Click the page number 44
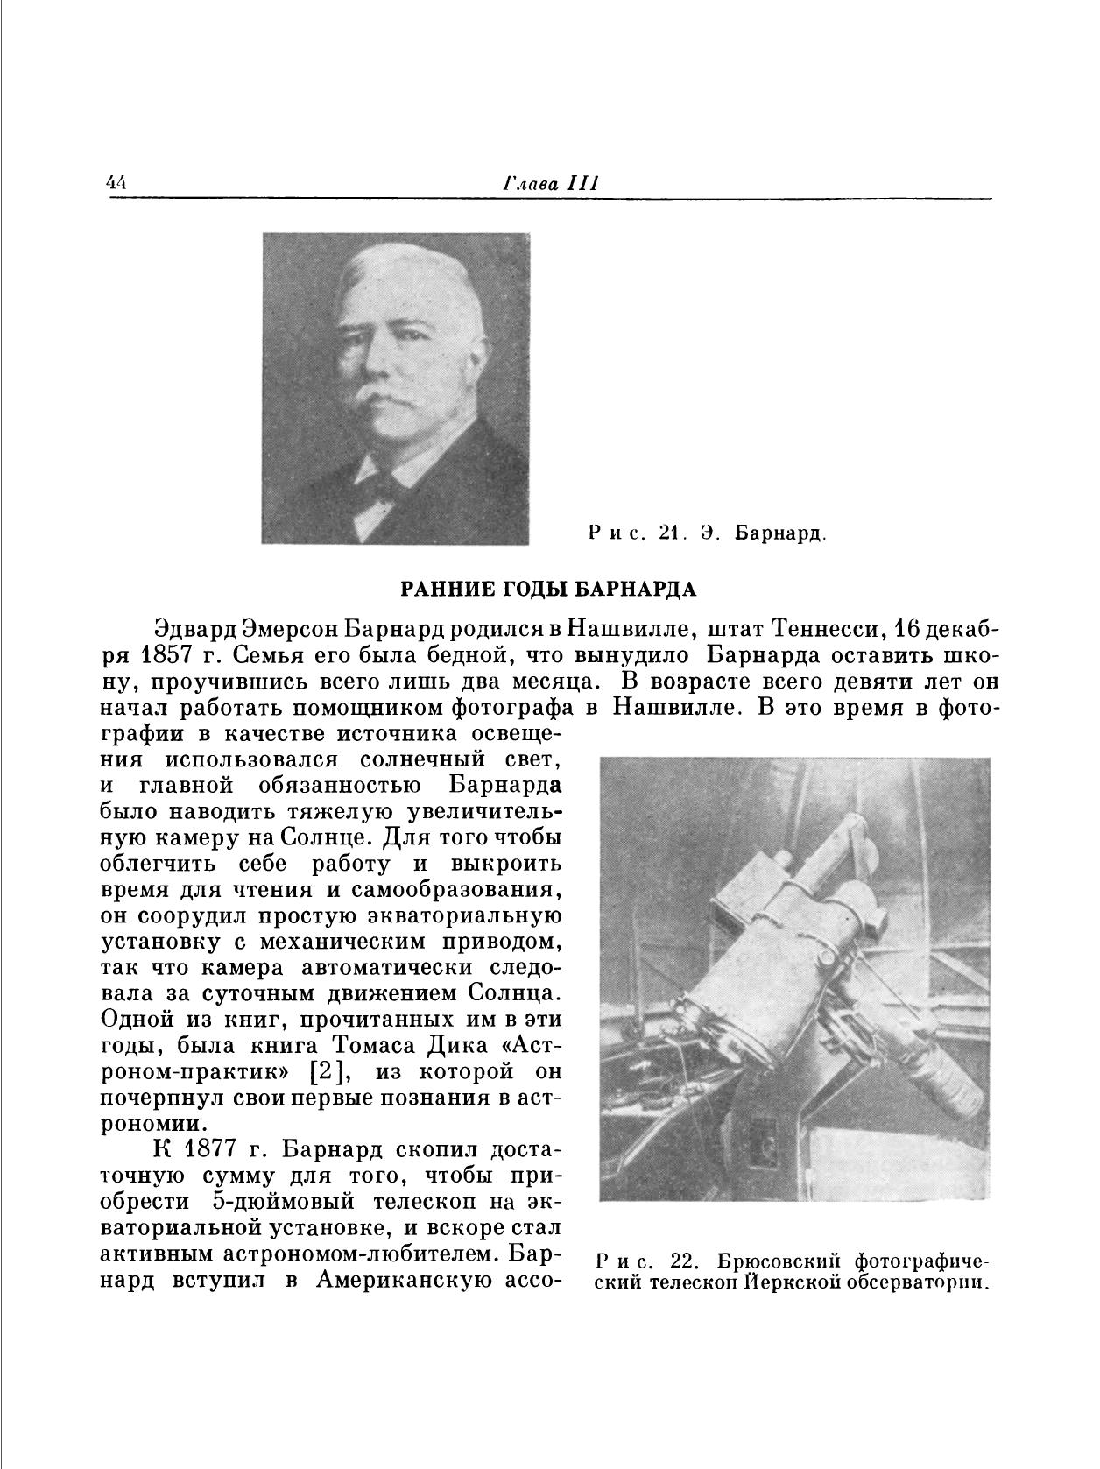pyautogui.click(x=116, y=183)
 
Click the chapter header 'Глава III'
pyautogui.click(x=551, y=183)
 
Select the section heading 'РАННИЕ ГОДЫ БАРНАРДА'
pyautogui.click(x=548, y=589)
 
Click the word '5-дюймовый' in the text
pyautogui.click(x=278, y=1201)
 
